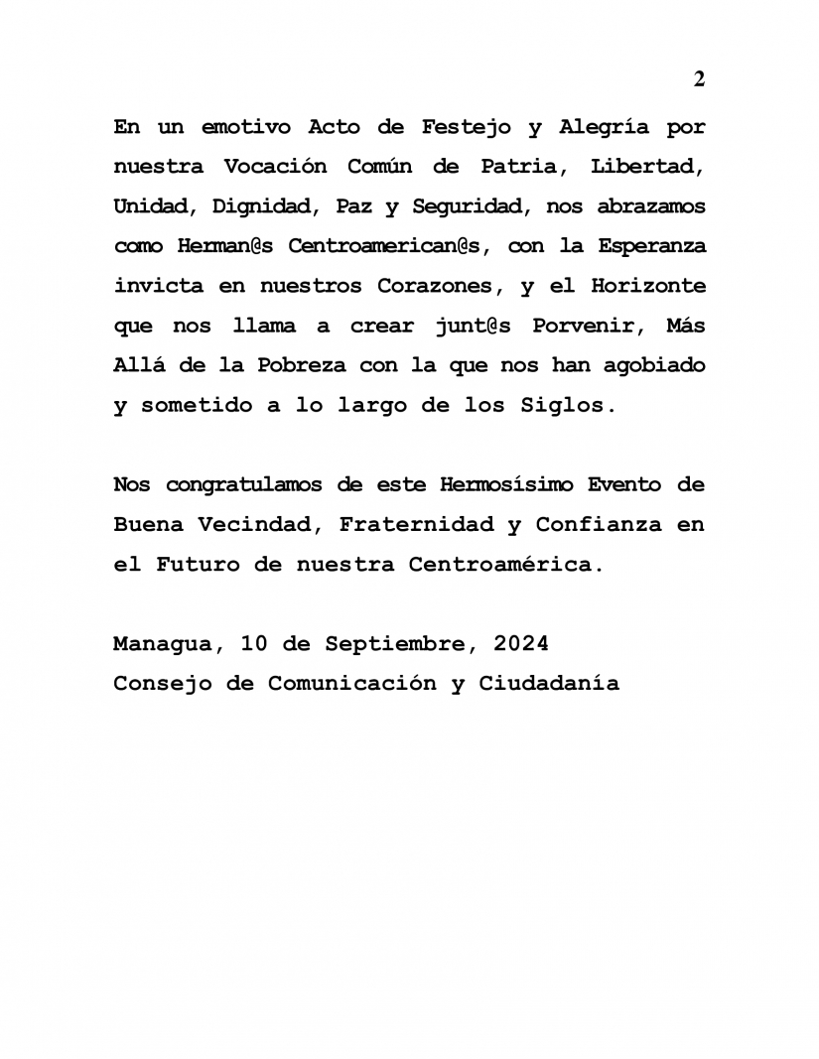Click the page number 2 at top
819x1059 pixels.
coord(699,79)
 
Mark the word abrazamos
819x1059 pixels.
coord(650,206)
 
